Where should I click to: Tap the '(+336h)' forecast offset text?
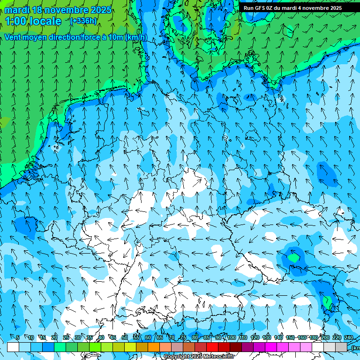83,21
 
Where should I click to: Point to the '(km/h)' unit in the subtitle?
136,37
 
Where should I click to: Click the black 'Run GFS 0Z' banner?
292,7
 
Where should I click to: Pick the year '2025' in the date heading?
101,9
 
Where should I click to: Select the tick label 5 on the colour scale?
18,338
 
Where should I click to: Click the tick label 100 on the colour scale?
231,338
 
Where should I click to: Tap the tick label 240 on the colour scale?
349,338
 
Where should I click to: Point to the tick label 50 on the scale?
125,338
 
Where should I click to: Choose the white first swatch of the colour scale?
13,347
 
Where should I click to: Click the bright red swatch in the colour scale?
212,347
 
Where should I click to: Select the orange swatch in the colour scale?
154,347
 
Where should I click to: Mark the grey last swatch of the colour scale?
341,347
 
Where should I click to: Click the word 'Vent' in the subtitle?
13,37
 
